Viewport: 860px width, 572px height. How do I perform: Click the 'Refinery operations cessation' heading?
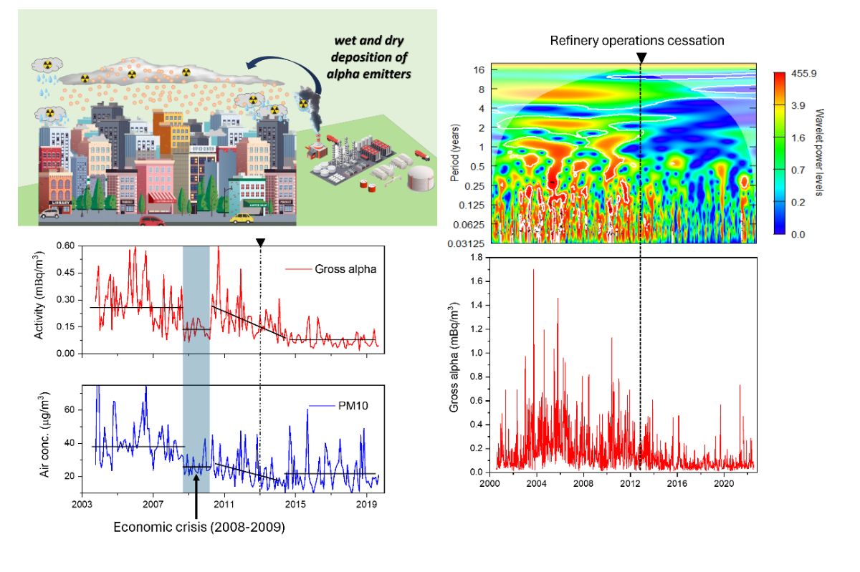click(x=637, y=41)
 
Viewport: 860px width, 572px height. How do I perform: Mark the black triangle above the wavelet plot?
click(x=640, y=58)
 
